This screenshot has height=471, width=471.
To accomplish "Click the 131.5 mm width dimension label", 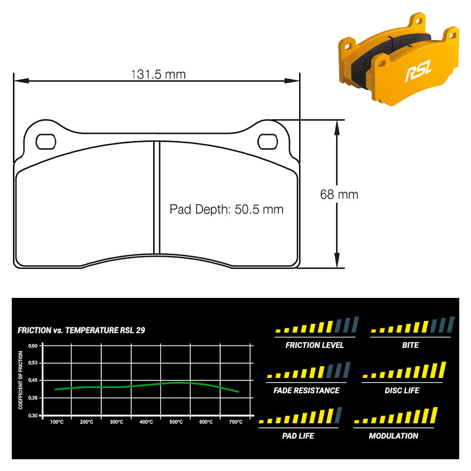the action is click(158, 75).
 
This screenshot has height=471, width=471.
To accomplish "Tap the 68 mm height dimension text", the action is click(339, 195).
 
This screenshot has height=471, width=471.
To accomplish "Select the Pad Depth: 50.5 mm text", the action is click(226, 210).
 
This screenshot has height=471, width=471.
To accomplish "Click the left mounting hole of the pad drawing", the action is click(46, 142).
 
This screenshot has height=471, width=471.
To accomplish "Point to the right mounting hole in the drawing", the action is click(267, 142).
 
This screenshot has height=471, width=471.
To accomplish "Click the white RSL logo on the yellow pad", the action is click(419, 71).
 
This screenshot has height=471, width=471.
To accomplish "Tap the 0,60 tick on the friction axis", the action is click(33, 346).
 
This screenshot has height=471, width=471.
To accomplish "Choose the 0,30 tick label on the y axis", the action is click(33, 416).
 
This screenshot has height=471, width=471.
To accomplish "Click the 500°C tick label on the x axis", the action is click(176, 422).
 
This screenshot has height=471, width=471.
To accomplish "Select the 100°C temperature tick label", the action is click(57, 422).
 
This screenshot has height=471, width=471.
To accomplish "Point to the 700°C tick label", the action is click(236, 422).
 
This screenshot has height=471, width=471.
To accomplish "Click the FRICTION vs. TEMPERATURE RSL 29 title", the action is click(81, 330).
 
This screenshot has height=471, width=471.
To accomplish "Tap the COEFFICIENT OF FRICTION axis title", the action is click(21, 380).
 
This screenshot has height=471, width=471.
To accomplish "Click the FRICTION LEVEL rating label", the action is click(314, 345).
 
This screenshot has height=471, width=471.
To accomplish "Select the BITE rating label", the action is click(410, 345).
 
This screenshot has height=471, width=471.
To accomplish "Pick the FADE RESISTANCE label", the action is click(306, 390).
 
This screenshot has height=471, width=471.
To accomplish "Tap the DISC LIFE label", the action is click(402, 390).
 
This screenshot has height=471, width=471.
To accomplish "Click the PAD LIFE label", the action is click(298, 436).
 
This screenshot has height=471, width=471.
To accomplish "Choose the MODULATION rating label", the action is click(393, 436).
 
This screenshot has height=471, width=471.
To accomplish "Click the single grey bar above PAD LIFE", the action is click(338, 415).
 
